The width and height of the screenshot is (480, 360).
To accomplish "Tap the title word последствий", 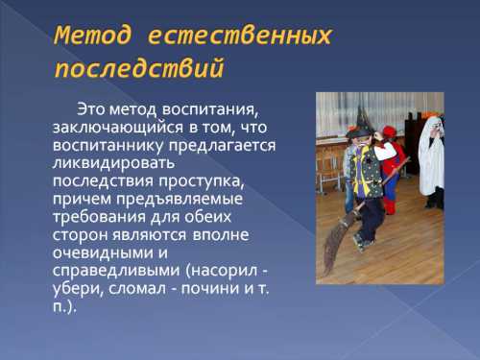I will (x=140, y=69).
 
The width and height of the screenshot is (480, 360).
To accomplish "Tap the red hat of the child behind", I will (x=388, y=132).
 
